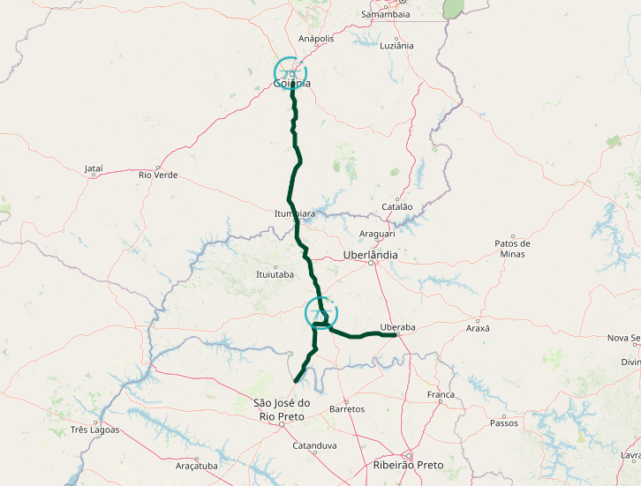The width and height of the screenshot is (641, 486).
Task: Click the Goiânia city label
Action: click(x=292, y=84)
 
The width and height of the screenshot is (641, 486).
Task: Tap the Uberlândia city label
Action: click(x=370, y=255)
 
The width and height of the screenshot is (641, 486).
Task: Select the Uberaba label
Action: click(x=397, y=327)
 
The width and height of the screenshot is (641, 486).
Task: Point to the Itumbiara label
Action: click(x=295, y=213)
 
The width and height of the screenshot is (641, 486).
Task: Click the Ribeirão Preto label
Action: click(x=409, y=465)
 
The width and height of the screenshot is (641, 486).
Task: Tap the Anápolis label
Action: click(x=317, y=39)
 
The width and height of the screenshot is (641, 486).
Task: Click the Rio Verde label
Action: click(x=158, y=175)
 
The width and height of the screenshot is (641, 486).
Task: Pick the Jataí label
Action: click(x=94, y=168)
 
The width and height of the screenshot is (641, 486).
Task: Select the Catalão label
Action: click(x=396, y=206)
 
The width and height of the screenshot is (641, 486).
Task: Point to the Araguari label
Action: click(x=377, y=234)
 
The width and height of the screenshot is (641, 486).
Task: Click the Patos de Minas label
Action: click(x=512, y=249)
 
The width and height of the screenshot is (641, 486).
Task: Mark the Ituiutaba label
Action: click(x=274, y=274)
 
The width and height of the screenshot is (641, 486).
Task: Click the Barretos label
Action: click(x=346, y=409)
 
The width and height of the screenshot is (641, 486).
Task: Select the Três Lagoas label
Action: click(x=94, y=430)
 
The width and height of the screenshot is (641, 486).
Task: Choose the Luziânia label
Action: click(x=396, y=45)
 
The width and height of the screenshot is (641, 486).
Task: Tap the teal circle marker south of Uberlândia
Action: click(x=321, y=313)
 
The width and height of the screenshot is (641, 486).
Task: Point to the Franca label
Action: click(x=440, y=394)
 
